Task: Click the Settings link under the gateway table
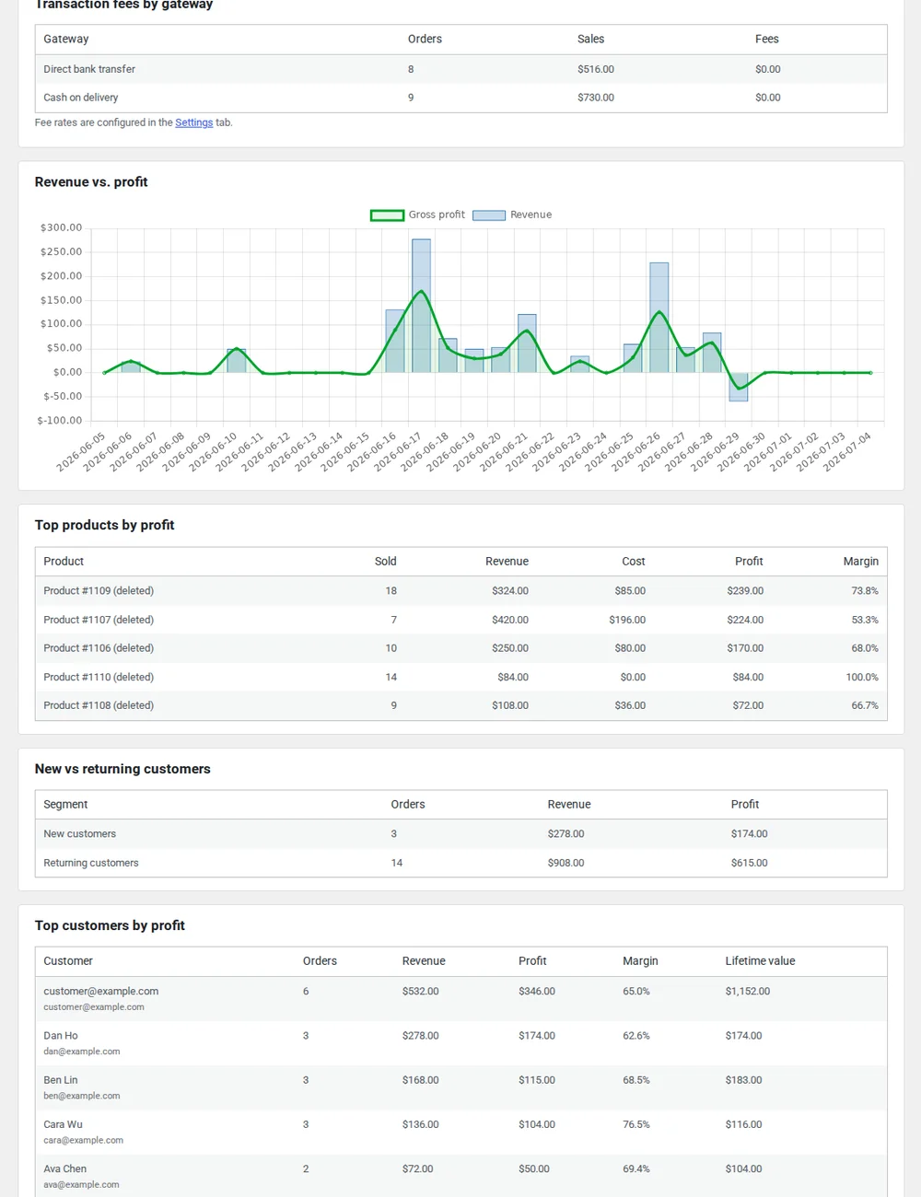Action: click(194, 122)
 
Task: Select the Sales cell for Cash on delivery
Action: click(596, 98)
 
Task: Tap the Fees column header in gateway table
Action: click(767, 39)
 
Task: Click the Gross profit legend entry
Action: click(417, 215)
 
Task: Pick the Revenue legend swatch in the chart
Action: click(489, 215)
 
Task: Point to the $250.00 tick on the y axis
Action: click(61, 251)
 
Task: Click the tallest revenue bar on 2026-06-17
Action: click(422, 306)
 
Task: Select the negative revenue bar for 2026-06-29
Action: click(739, 387)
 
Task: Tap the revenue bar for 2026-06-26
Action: click(659, 318)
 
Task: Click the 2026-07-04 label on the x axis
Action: click(847, 452)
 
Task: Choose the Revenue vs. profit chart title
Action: click(91, 181)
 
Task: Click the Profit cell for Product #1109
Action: click(745, 590)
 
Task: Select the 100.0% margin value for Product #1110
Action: click(862, 677)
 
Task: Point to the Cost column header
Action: click(634, 562)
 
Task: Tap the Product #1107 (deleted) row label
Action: click(99, 620)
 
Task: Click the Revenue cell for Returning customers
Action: click(565, 863)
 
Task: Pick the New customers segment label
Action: click(80, 833)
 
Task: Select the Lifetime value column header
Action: click(760, 960)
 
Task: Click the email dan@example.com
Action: click(82, 1051)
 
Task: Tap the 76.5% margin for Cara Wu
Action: click(636, 1124)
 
